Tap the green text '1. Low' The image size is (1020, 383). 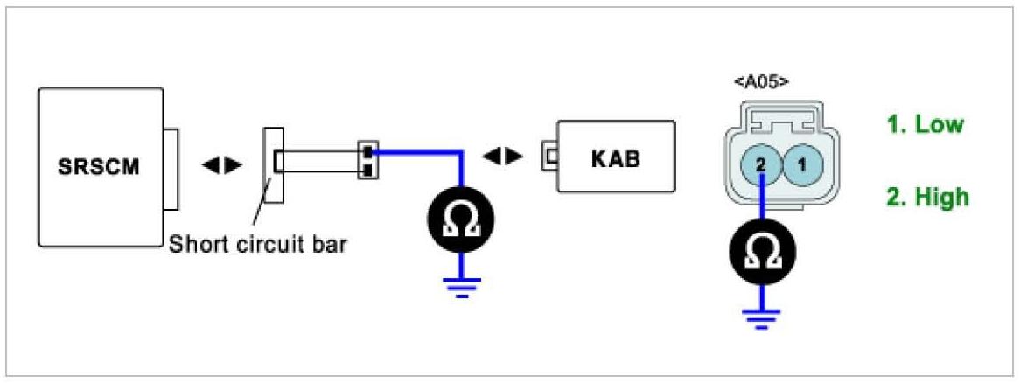click(924, 124)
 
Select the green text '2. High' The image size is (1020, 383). click(926, 198)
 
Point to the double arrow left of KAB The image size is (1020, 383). click(503, 157)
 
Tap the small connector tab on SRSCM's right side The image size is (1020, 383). click(171, 169)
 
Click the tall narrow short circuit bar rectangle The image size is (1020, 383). click(274, 164)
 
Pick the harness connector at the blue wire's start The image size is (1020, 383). click(367, 159)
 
